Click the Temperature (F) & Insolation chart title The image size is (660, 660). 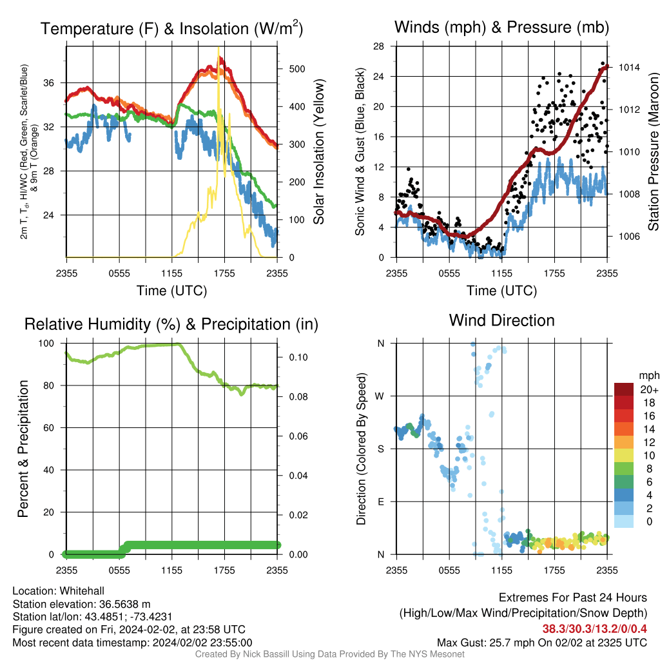tap(171, 28)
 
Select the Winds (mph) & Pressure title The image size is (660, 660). tap(501, 27)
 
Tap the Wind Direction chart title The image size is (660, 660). tap(501, 320)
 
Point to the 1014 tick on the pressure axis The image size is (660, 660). tap(629, 67)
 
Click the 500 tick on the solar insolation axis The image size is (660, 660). tap(296, 69)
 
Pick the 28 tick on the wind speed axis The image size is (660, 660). tap(378, 46)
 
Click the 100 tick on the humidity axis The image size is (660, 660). tap(46, 344)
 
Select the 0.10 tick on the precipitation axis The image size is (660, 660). tap(298, 357)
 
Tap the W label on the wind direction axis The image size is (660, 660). tap(380, 396)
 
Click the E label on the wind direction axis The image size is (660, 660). tap(381, 501)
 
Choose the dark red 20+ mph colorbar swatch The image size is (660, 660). tap(624, 389)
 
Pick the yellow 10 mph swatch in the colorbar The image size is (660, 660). tap(624, 456)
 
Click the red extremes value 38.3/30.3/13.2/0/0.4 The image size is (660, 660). tap(594, 629)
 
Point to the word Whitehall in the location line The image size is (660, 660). tap(82, 591)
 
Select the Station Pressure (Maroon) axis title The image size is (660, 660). tap(653, 151)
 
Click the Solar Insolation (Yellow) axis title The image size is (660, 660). tap(319, 151)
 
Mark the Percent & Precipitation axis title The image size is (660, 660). tap(23, 449)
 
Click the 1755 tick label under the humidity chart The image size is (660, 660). tap(224, 570)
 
